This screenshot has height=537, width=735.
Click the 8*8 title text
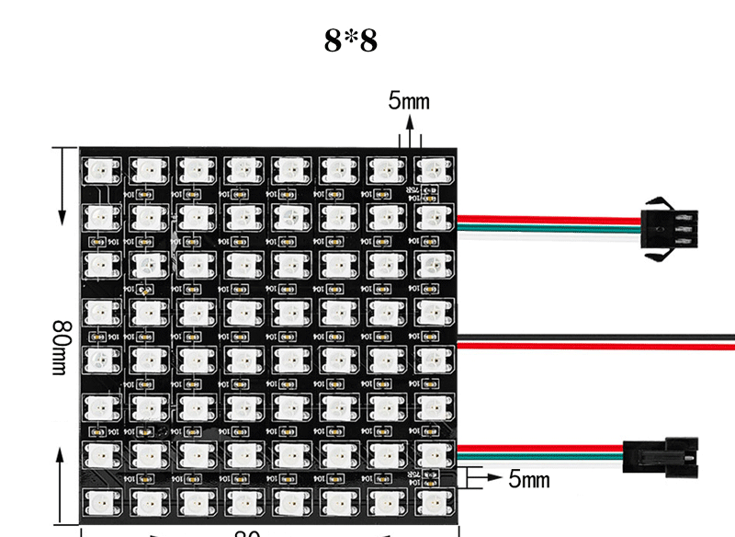point(350,40)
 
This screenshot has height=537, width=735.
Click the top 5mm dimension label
point(409,101)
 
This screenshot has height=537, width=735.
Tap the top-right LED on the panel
point(432,169)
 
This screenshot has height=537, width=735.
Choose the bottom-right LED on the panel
point(432,501)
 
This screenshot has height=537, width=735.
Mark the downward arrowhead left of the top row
point(62,216)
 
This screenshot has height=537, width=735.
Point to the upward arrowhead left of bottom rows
point(62,454)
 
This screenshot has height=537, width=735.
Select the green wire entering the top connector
point(551,225)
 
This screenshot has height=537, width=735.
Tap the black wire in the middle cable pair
point(597,336)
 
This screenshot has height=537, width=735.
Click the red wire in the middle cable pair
point(597,346)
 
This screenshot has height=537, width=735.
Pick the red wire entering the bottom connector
point(542,449)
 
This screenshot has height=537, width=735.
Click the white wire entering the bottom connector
point(542,465)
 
